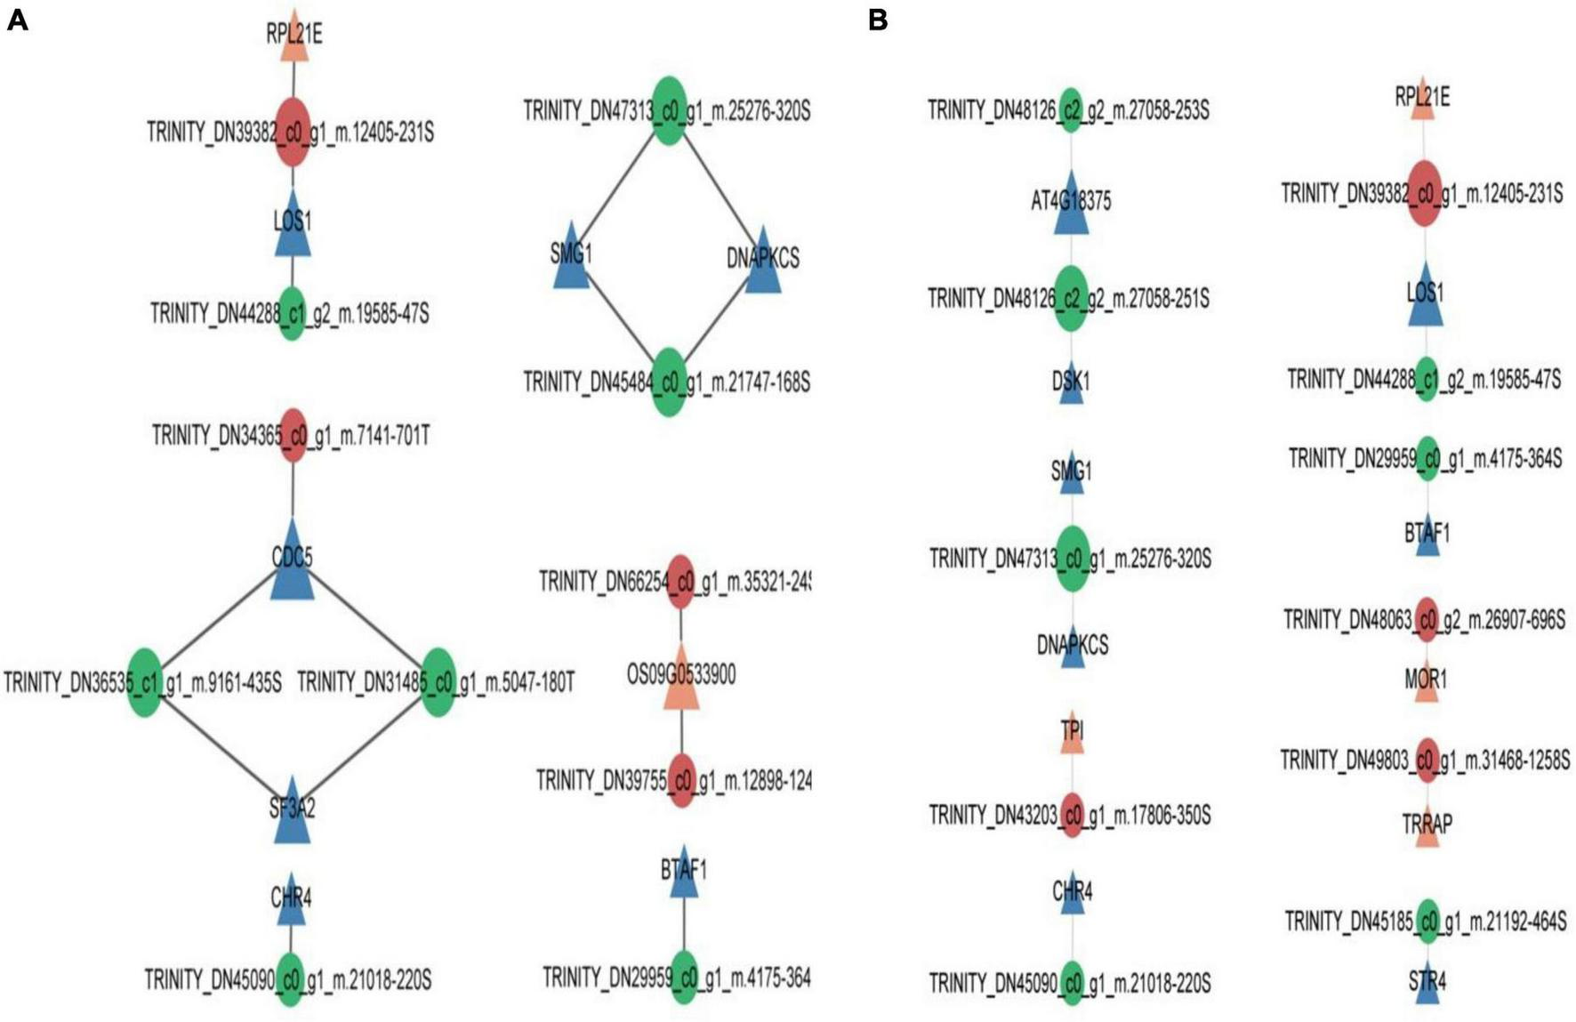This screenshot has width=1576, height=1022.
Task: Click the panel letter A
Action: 17,20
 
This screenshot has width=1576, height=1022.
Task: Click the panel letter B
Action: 877,20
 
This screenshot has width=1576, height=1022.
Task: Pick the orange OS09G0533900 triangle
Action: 681,688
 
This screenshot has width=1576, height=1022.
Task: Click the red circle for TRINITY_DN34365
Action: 293,435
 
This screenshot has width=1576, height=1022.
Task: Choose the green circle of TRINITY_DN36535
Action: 144,682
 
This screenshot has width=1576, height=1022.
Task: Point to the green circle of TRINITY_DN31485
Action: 438,682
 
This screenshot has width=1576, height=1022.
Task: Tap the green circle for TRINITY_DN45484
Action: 668,382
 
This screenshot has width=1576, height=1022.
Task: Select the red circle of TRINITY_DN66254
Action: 680,582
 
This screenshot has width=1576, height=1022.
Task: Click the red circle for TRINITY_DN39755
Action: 681,780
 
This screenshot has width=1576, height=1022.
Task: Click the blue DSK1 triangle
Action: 1071,384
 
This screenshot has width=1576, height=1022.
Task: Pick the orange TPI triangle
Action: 1072,735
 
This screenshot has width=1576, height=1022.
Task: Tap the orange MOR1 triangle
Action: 1426,683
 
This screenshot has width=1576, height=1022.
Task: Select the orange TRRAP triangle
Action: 1427,827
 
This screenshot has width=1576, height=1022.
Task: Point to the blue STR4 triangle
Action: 1427,984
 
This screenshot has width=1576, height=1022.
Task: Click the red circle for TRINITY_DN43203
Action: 1072,815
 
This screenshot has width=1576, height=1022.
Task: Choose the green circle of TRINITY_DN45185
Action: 1427,921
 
